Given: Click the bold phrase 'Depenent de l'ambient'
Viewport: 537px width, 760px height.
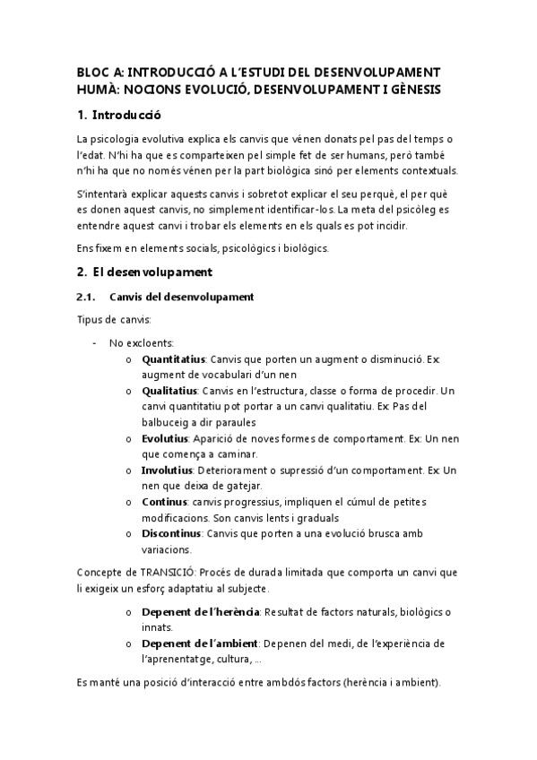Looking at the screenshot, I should click(200, 643).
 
